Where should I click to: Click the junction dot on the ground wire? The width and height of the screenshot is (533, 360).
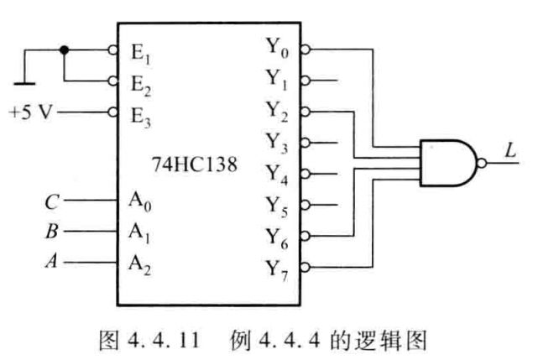tap(64, 50)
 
